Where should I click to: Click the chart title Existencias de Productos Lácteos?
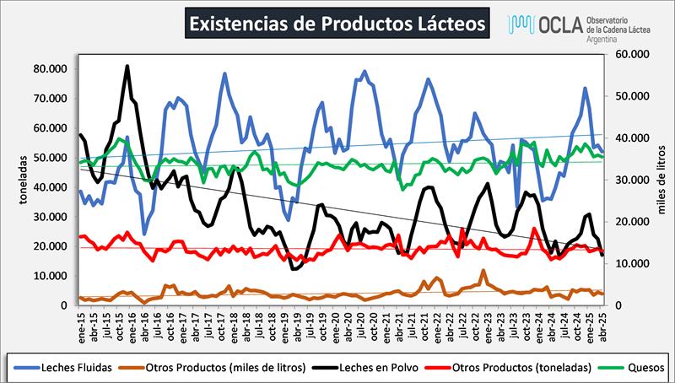[x=337, y=23]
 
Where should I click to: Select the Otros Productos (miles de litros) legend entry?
[x=234, y=366]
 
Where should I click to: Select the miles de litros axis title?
[x=662, y=180]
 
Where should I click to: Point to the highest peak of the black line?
[x=127, y=66]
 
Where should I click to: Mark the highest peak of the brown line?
[x=483, y=271]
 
